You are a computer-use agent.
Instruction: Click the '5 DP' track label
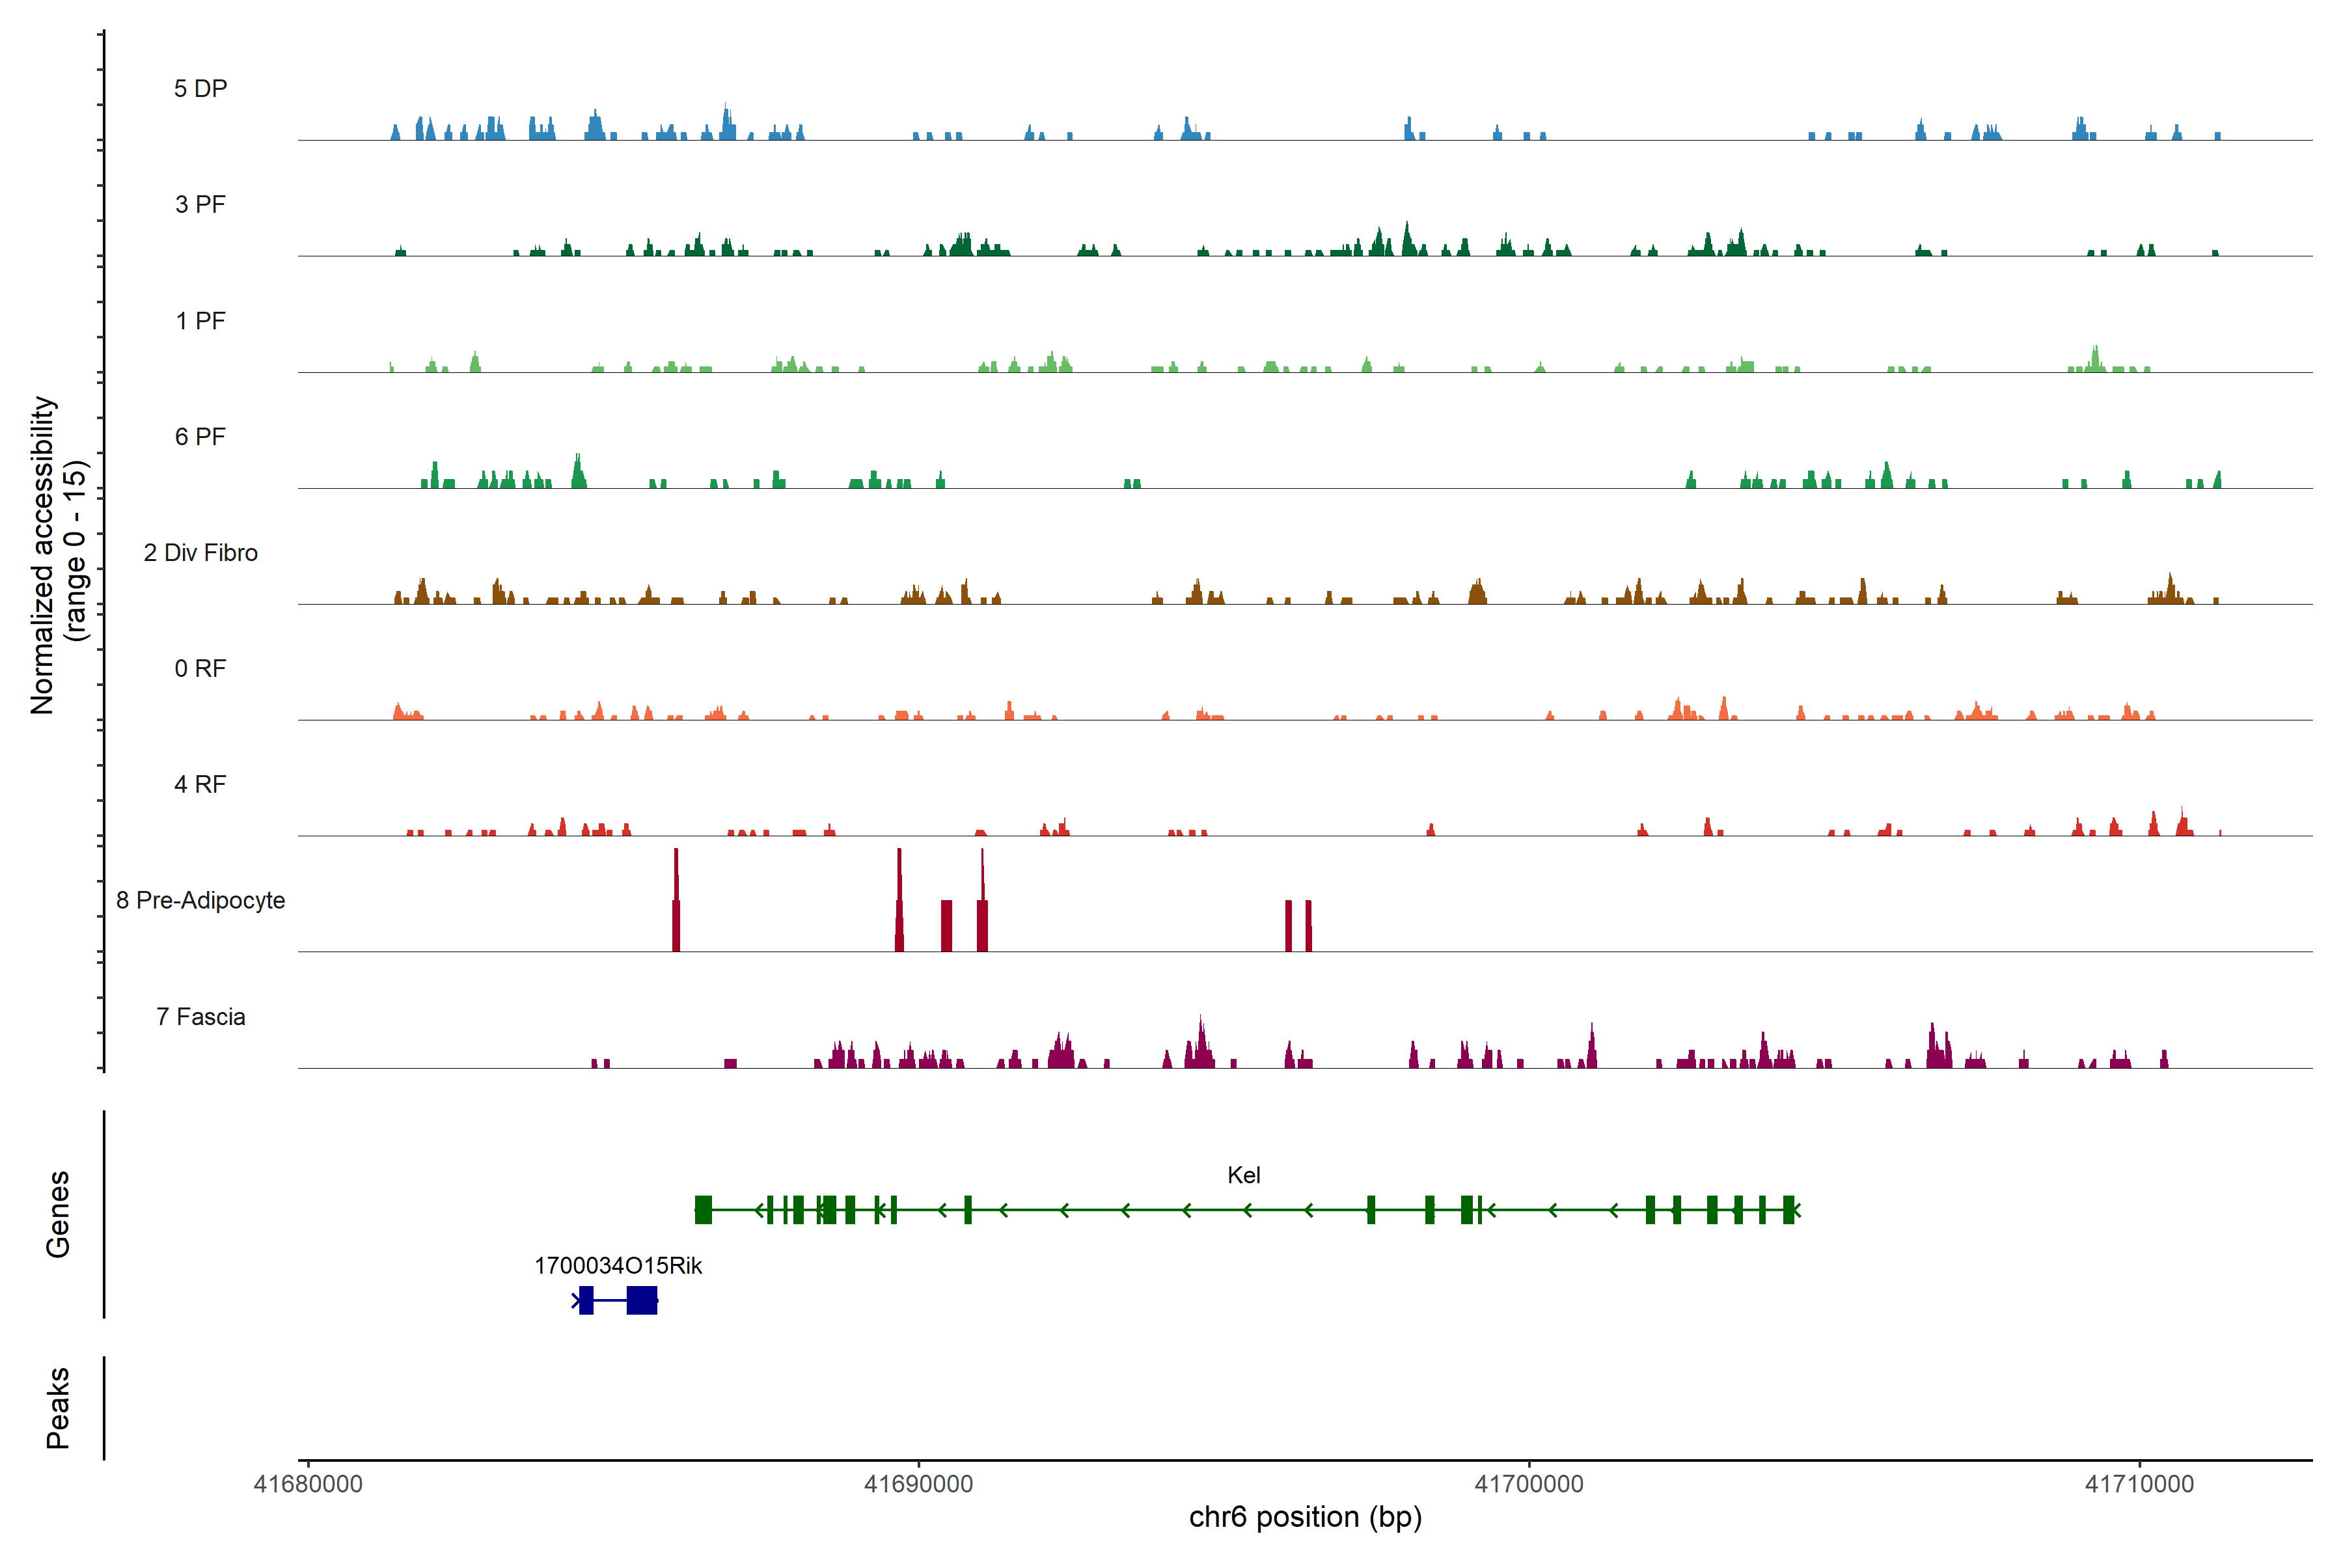[x=200, y=89]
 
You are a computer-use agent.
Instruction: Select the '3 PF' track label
[x=200, y=204]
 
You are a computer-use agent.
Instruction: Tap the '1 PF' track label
[x=200, y=321]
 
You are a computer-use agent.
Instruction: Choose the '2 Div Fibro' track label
[x=200, y=553]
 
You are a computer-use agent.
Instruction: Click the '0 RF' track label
[x=200, y=668]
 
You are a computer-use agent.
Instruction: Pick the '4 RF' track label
[x=200, y=784]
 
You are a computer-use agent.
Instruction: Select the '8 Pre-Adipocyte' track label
[x=200, y=901]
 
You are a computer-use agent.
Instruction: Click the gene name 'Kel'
[x=1243, y=1175]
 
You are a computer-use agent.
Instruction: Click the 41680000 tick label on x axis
[x=308, y=1485]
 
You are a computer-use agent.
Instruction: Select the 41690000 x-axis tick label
[x=918, y=1485]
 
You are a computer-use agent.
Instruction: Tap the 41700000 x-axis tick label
[x=1528, y=1485]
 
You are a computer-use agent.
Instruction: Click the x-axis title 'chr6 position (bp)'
[x=1305, y=1517]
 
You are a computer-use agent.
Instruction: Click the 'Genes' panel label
[x=58, y=1214]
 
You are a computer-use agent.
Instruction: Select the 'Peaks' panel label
[x=58, y=1408]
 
